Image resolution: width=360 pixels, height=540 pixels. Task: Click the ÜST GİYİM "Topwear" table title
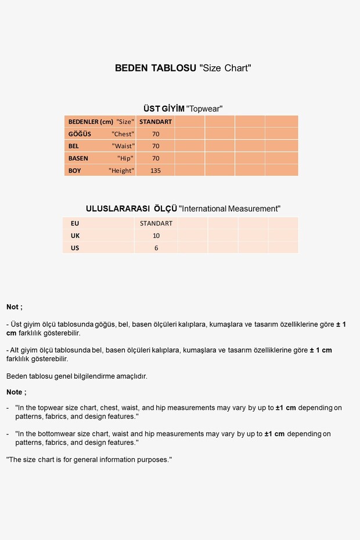[x=183, y=109]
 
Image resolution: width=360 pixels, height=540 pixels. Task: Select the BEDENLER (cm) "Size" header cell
[x=100, y=122]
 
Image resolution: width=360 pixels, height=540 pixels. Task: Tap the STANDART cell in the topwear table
[x=156, y=122]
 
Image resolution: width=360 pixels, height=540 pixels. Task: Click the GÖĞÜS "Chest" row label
[x=100, y=134]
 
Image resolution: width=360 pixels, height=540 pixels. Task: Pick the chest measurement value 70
[x=156, y=134]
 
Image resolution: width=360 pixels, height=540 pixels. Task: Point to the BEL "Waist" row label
[x=100, y=146]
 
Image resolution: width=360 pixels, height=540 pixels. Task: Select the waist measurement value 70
[x=156, y=146]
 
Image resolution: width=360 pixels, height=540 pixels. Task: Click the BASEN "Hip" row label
[x=100, y=159]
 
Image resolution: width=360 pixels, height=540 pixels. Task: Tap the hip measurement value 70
[x=156, y=159]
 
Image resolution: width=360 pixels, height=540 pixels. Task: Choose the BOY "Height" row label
[x=100, y=171]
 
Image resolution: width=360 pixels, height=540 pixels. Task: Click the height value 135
[x=156, y=171]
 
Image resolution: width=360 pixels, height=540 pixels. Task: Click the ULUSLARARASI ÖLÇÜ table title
[x=183, y=208]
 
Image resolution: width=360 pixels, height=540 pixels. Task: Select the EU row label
[x=75, y=223]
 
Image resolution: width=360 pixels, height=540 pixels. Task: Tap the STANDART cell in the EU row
[x=156, y=223]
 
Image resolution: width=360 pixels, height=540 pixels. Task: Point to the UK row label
[x=75, y=236]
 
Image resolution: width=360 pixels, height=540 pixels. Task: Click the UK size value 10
[x=156, y=236]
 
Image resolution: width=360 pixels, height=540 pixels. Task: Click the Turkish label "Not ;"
[x=15, y=307]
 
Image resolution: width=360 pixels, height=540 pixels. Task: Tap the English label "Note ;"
[x=16, y=392]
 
